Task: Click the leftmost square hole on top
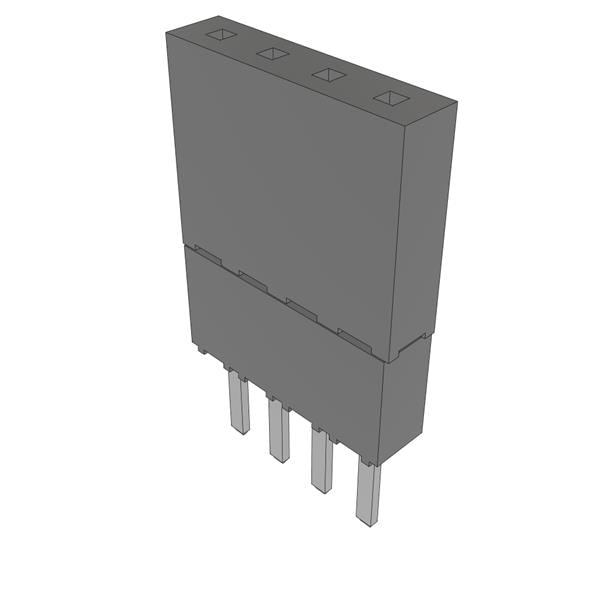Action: click(x=218, y=35)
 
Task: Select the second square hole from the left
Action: click(x=272, y=54)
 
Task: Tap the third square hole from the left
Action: click(x=328, y=74)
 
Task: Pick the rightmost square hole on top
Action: click(x=390, y=97)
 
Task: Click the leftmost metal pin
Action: click(x=238, y=403)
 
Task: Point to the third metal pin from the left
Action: click(x=321, y=460)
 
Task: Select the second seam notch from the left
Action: click(x=253, y=281)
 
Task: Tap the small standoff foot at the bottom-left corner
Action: click(x=200, y=350)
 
